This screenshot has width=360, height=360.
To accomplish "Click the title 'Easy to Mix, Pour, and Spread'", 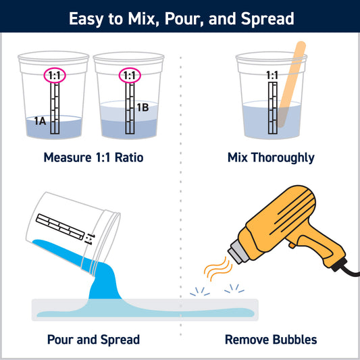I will tap(180, 18).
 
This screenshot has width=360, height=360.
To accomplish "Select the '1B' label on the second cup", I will tap(143, 107).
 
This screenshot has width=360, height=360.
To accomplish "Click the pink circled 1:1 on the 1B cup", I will tap(128, 76).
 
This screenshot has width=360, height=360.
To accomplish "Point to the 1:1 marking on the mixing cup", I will tap(272, 76).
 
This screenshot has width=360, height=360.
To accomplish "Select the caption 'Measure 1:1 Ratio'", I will tap(93, 158).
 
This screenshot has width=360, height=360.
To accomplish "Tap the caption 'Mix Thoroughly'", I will tap(271, 158).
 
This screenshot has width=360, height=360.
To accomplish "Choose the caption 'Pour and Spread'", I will tap(93, 339).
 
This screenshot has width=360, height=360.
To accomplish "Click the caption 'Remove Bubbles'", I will tap(270, 339).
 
